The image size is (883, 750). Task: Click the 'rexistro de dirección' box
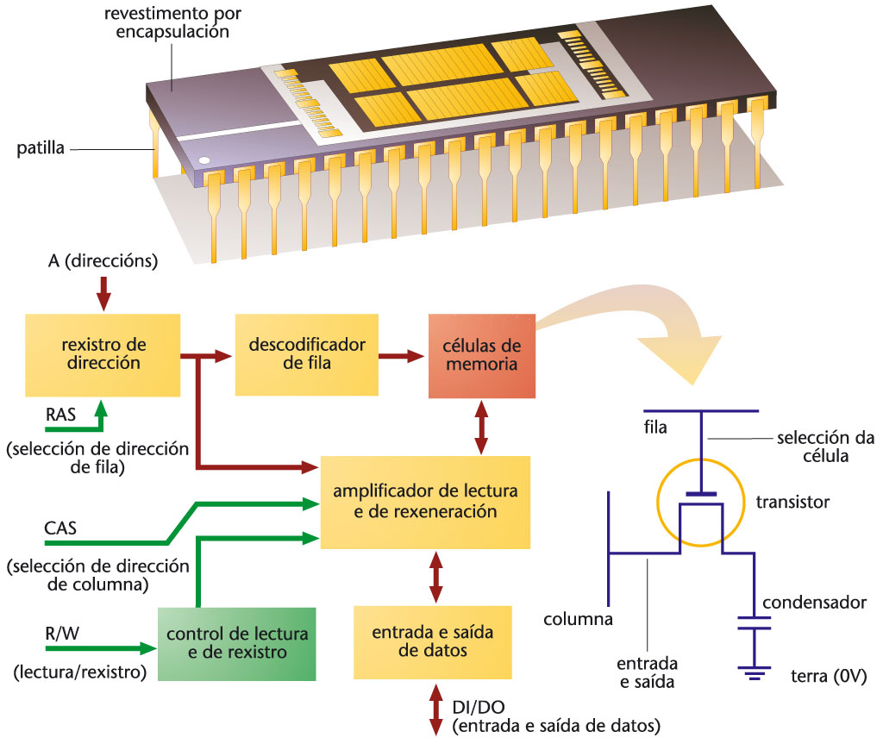(x=103, y=354)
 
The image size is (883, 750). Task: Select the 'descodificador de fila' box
(x=306, y=354)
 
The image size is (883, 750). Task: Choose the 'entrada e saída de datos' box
(x=432, y=642)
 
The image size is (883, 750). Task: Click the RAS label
(x=60, y=416)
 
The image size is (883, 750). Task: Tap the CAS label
(x=60, y=528)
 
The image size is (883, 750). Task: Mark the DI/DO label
(x=473, y=709)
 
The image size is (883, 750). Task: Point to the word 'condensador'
(x=814, y=602)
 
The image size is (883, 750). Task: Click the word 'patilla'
(x=41, y=148)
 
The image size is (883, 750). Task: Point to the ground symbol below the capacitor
(x=755, y=672)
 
